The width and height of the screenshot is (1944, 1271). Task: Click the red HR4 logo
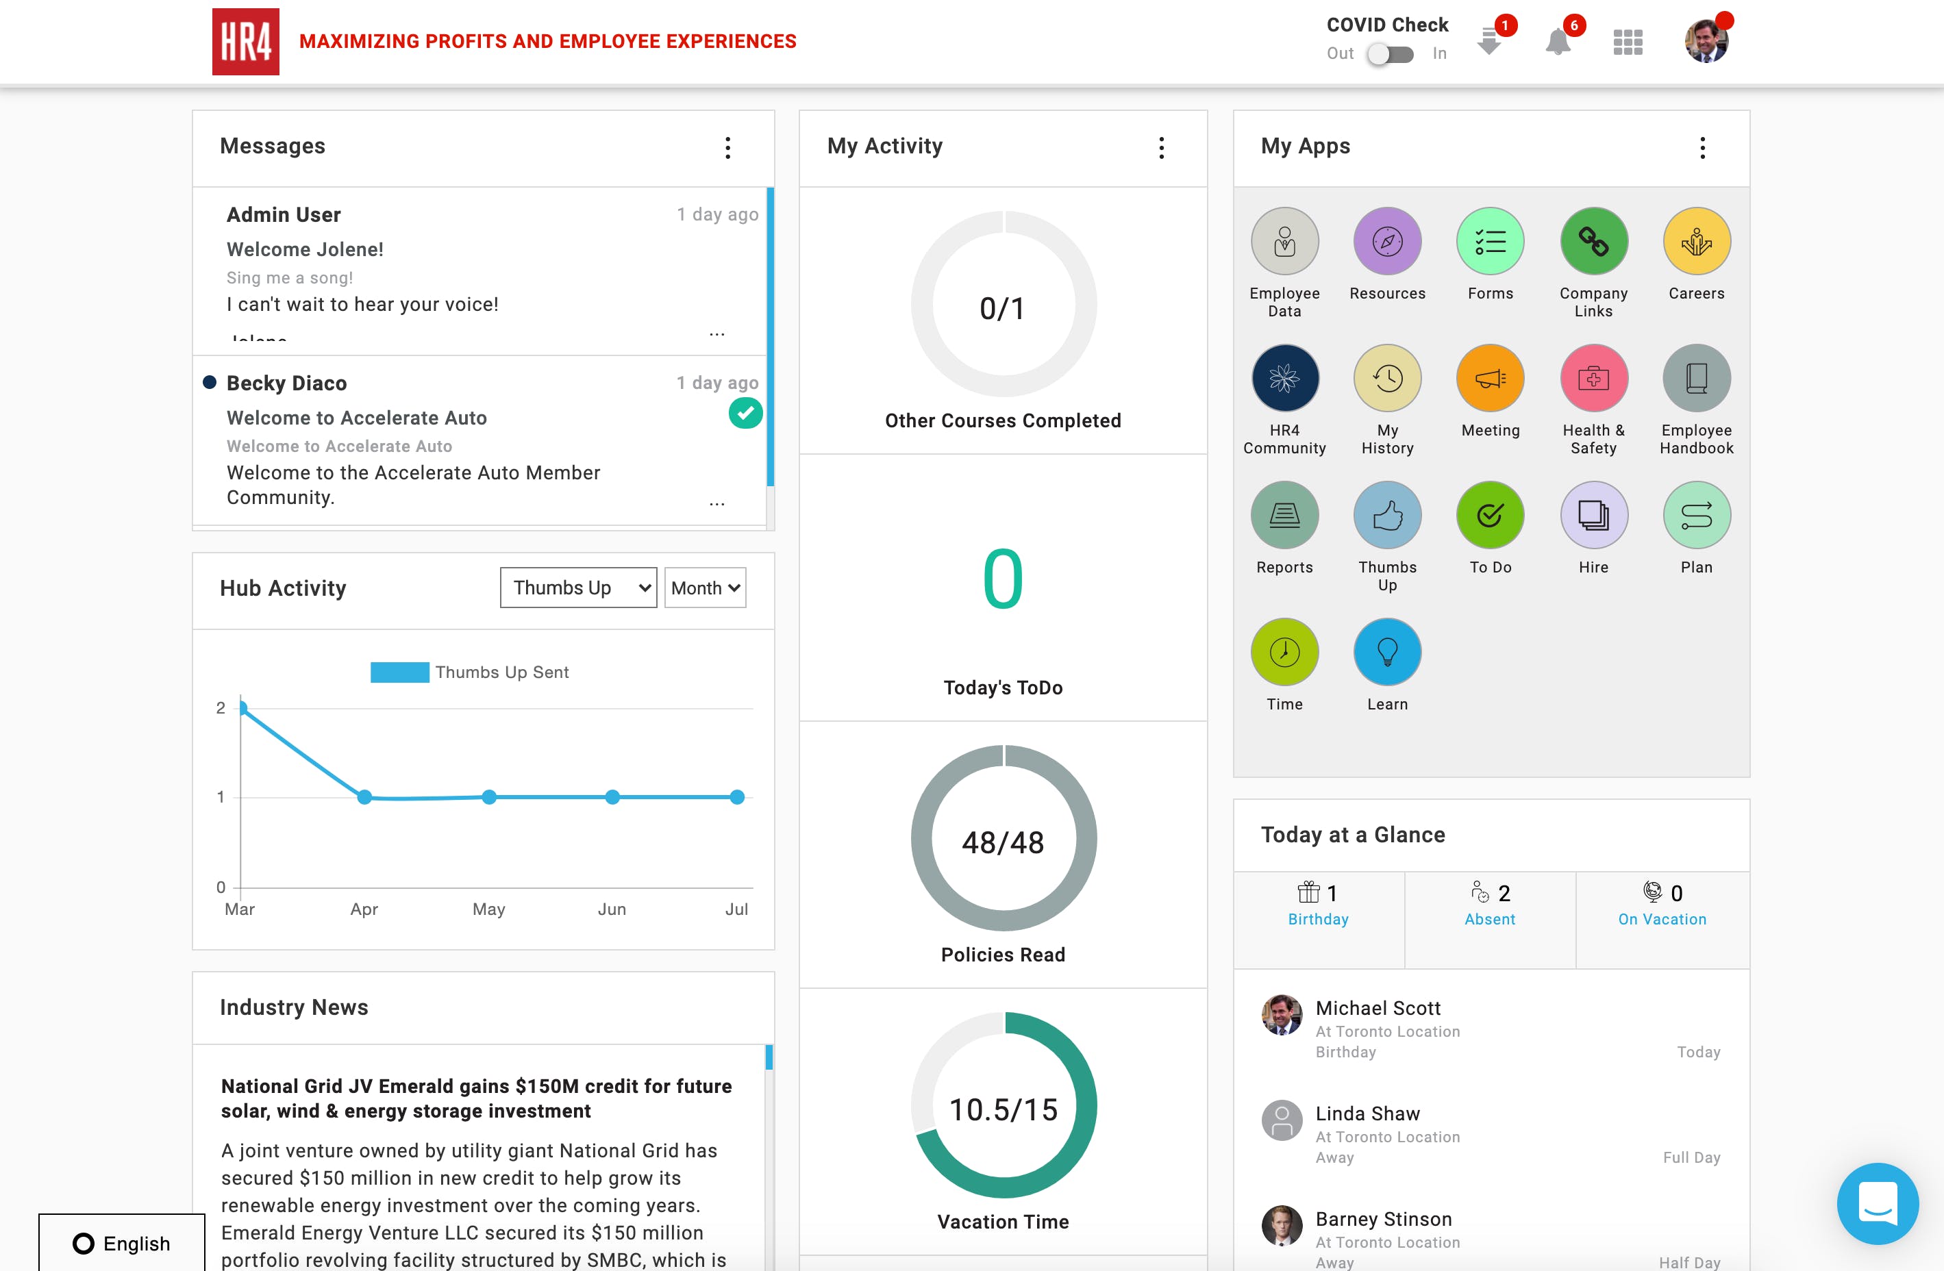245,42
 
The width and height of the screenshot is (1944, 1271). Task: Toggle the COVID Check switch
1391,54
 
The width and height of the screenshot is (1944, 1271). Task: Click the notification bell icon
1558,42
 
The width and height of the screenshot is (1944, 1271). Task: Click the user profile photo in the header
1706,42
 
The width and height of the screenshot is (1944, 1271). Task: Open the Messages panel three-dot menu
727,147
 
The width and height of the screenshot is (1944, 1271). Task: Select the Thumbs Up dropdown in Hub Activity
578,588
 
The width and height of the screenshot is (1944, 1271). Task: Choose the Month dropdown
705,588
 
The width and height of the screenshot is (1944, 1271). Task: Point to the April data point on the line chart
365,797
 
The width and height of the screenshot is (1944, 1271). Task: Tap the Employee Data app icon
1284,242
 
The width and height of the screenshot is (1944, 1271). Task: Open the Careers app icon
1695,242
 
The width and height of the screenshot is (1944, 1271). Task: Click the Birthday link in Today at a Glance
1317,919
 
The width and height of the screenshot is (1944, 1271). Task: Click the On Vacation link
1661,919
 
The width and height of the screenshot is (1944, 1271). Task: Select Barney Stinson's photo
1282,1225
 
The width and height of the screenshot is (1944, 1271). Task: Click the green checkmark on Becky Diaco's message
745,414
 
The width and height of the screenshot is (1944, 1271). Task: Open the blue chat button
1877,1203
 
